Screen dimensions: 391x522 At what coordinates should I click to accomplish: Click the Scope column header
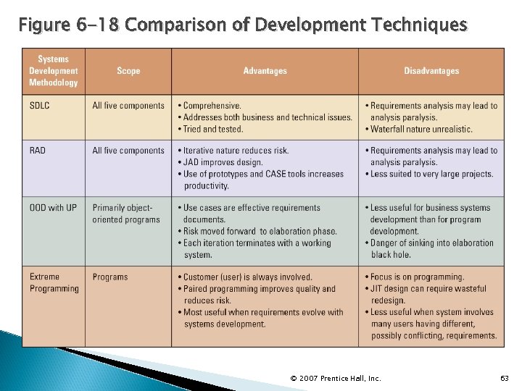click(x=128, y=71)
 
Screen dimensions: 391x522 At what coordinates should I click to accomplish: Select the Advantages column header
click(x=265, y=71)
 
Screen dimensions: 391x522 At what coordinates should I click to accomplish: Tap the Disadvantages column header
click(x=431, y=71)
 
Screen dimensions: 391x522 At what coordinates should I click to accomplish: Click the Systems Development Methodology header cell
click(x=53, y=71)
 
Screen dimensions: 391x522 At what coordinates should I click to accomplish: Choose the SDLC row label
click(x=40, y=106)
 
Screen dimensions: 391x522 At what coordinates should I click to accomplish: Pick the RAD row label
click(x=38, y=151)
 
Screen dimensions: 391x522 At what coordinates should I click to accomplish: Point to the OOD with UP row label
click(x=53, y=208)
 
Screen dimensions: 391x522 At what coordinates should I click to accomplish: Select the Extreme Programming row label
click(x=54, y=282)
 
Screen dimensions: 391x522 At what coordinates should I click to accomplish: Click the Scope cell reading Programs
click(x=110, y=277)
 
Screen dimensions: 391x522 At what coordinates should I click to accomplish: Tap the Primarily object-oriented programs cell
click(x=126, y=214)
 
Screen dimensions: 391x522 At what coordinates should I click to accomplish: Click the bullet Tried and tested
click(x=212, y=129)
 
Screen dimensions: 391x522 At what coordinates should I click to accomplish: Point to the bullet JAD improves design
click(x=223, y=162)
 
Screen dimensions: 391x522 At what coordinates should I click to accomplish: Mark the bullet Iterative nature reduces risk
click(x=236, y=151)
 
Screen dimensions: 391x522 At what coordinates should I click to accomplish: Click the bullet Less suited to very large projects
click(x=431, y=174)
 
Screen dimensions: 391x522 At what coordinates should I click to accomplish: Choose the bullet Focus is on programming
click(x=417, y=277)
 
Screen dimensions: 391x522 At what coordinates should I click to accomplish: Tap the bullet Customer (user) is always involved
click(x=247, y=277)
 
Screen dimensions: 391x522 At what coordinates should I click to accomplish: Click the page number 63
click(x=505, y=378)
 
